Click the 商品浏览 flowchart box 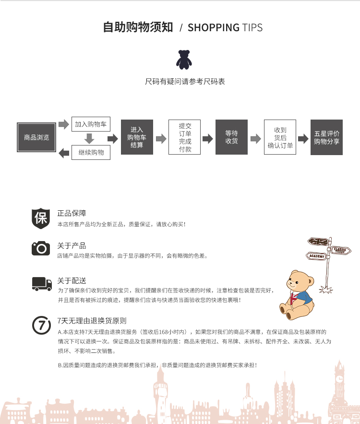click(x=36, y=137)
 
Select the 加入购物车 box click(x=91, y=124)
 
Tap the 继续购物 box click(x=91, y=153)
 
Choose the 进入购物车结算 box click(x=137, y=137)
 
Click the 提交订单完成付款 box click(x=185, y=137)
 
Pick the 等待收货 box click(x=232, y=137)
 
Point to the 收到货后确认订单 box click(x=280, y=137)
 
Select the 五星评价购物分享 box click(x=326, y=137)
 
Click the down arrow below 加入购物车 click(x=89, y=138)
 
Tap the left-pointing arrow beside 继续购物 click(x=64, y=153)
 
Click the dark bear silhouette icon click(x=184, y=60)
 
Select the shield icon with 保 click(x=41, y=218)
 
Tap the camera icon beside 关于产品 click(x=41, y=248)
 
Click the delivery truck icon click(x=42, y=284)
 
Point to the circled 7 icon click(x=41, y=325)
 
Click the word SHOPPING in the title click(x=214, y=27)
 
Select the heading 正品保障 click(x=72, y=213)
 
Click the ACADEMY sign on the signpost click(x=316, y=256)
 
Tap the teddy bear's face click(x=298, y=282)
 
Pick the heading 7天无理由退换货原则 click(x=92, y=321)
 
